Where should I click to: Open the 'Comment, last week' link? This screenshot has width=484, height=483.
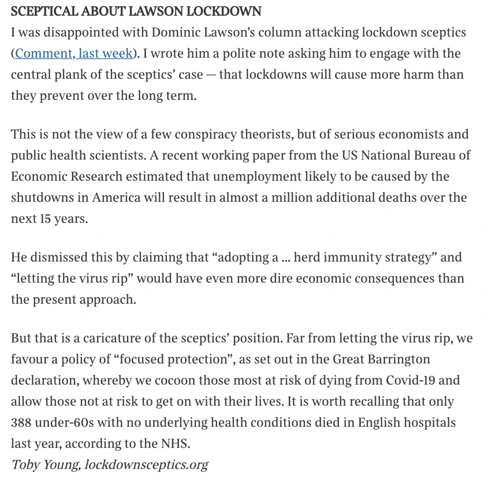[74, 53]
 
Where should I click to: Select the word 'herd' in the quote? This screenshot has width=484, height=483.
[308, 258]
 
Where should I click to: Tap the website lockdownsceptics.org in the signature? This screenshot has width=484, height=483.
[146, 465]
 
